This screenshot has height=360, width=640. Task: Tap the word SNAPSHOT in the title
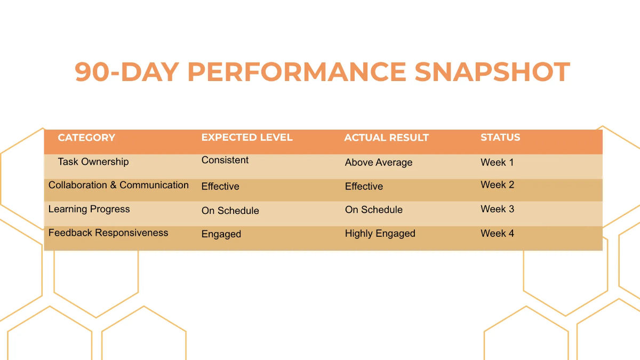[x=492, y=72]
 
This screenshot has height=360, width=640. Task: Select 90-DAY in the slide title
[x=127, y=72]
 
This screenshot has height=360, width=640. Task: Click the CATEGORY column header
[x=86, y=138]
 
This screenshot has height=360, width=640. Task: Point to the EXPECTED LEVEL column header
[x=247, y=138]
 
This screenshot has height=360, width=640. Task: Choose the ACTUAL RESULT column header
[x=387, y=138]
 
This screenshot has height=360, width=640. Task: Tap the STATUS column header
[x=500, y=138]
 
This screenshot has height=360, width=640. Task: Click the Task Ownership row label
[x=93, y=162]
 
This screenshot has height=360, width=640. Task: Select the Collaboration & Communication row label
[x=118, y=185]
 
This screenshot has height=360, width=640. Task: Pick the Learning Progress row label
[x=89, y=209]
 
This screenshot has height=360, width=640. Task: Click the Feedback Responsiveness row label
[x=108, y=233]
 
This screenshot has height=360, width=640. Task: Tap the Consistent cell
[x=225, y=160]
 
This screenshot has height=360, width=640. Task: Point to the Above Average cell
[x=379, y=163]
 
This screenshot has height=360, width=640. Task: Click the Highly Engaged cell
[x=380, y=234]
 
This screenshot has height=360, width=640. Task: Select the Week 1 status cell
[x=497, y=162]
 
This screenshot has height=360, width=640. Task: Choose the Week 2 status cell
[x=497, y=185]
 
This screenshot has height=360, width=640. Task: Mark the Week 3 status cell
[x=497, y=209]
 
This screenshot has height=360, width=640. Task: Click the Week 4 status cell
[x=497, y=234]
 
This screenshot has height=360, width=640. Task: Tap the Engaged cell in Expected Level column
[x=221, y=234]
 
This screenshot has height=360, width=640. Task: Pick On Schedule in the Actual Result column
[x=374, y=210]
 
